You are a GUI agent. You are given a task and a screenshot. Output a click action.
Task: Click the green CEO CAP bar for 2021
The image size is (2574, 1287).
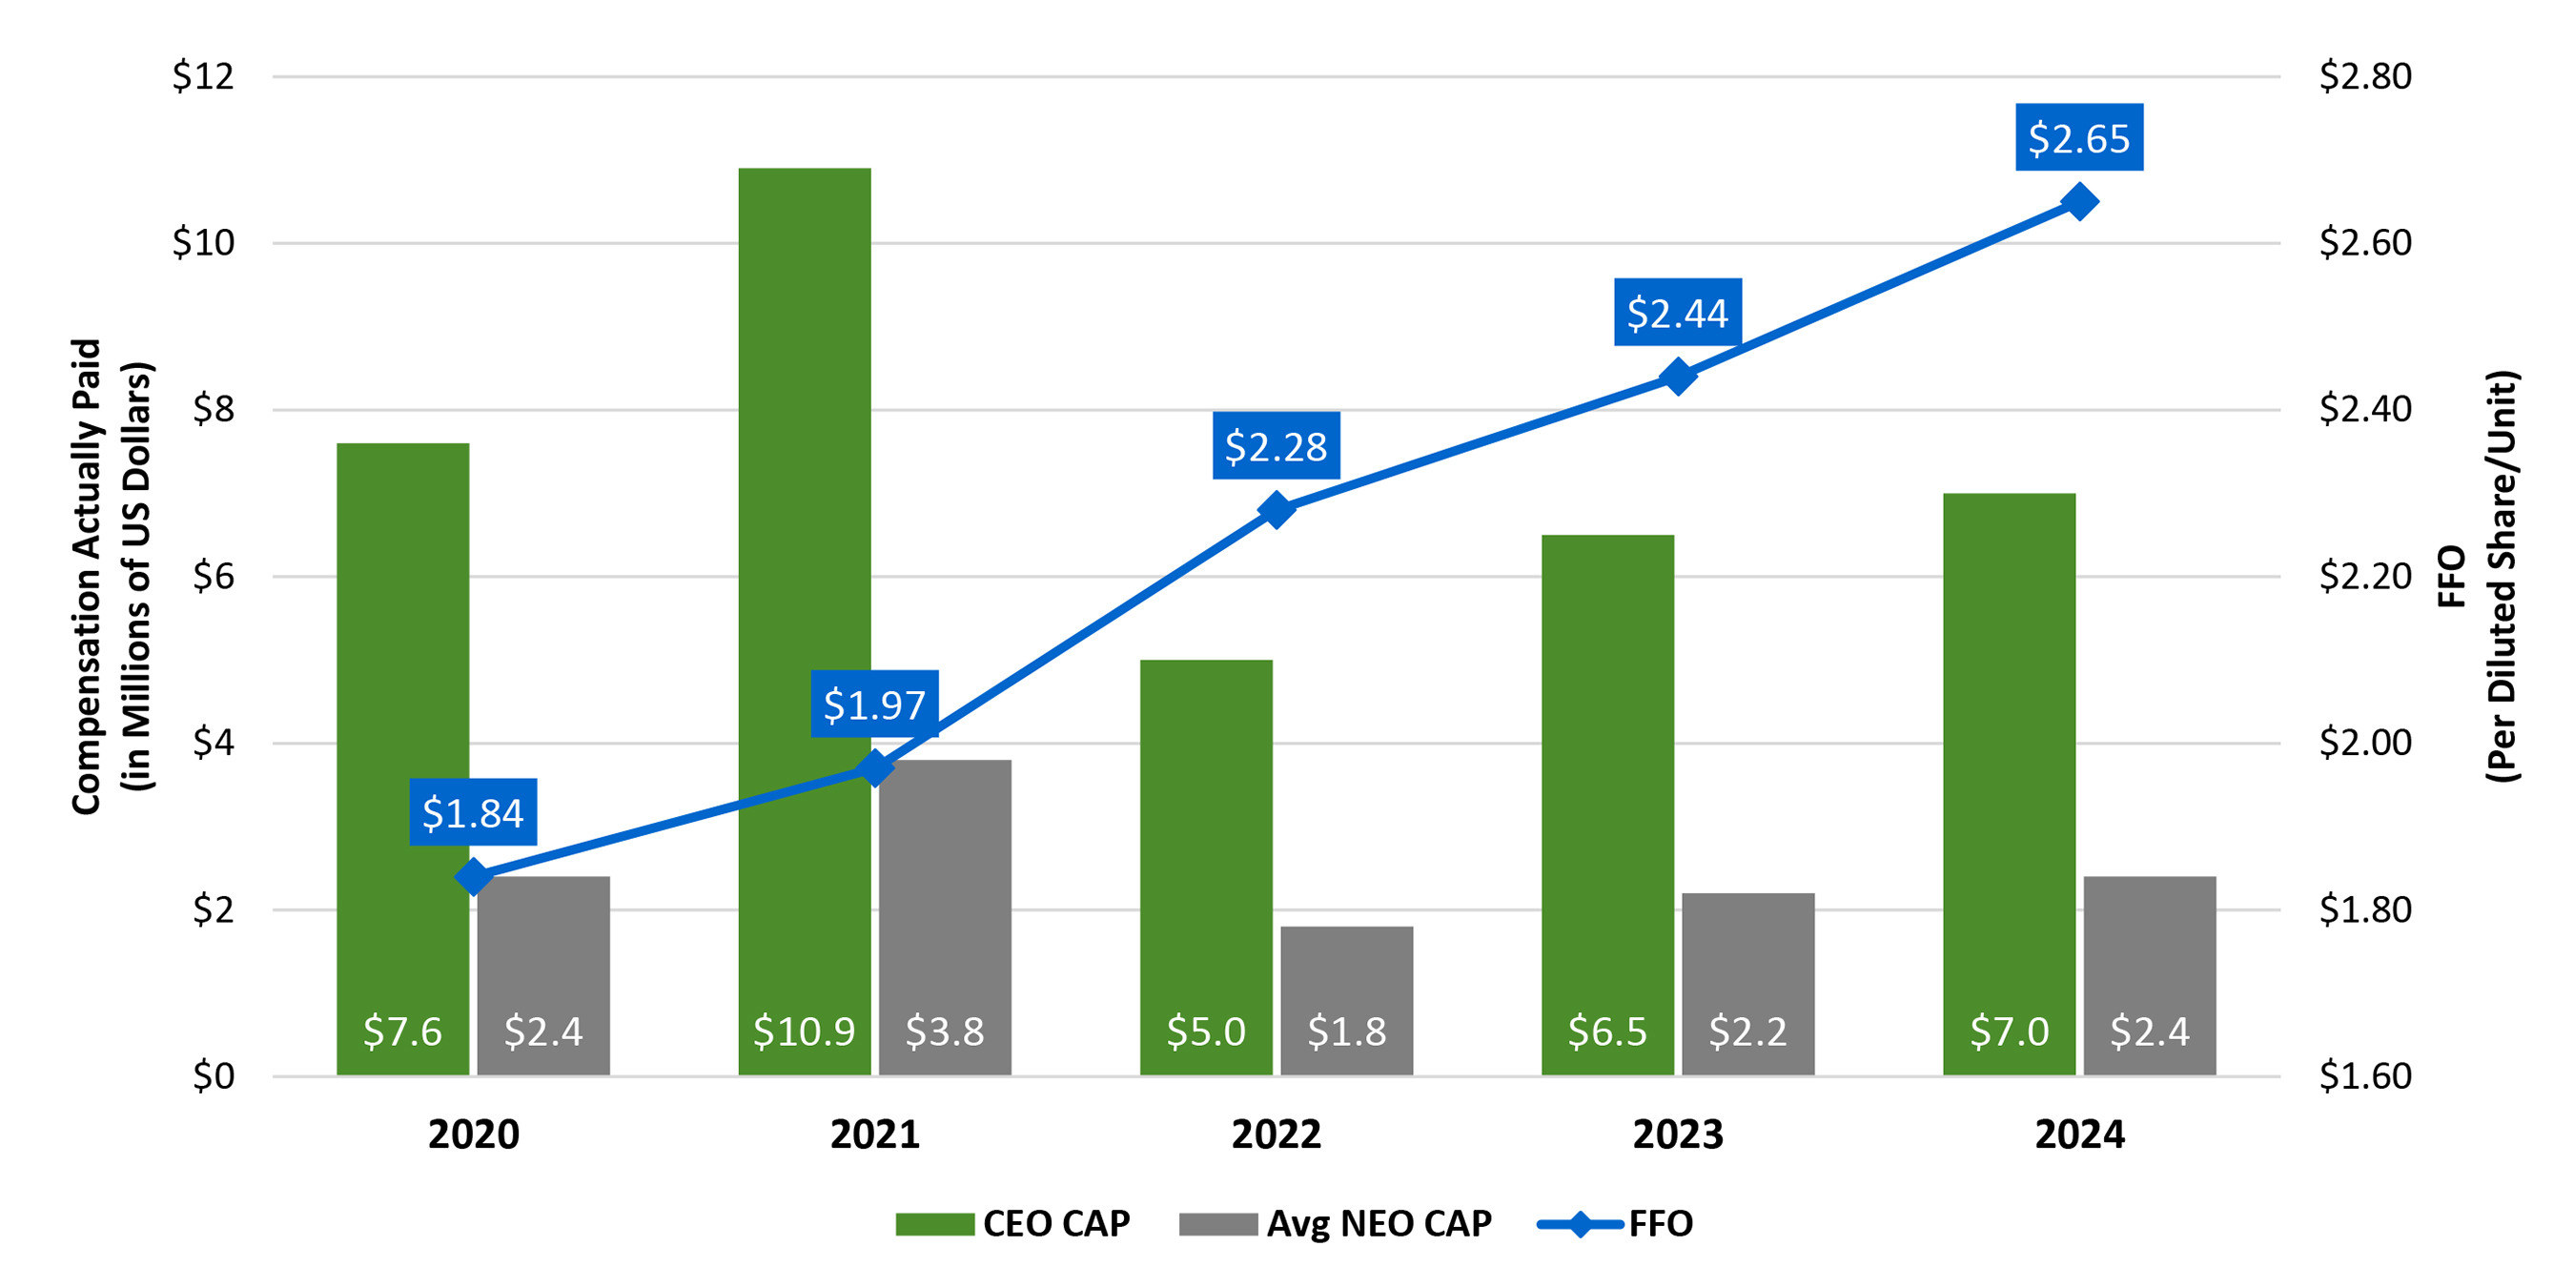pyautogui.click(x=805, y=500)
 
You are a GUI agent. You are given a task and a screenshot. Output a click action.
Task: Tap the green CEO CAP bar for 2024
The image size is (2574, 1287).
pyautogui.click(x=2009, y=749)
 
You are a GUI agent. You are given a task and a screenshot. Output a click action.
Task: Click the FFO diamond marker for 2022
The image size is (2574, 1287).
pyautogui.click(x=1276, y=511)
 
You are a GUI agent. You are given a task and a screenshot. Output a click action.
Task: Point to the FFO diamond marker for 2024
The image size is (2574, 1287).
pyautogui.click(x=2079, y=202)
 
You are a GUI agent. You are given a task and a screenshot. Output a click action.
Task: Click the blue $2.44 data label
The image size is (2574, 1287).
pyautogui.click(x=1677, y=313)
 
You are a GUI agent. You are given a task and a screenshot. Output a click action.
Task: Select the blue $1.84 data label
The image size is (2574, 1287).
pyautogui.click(x=473, y=812)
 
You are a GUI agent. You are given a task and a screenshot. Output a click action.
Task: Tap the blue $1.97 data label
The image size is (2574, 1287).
pyautogui.click(x=874, y=705)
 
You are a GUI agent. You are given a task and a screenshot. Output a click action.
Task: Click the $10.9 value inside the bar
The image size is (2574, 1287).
pyautogui.click(x=805, y=1032)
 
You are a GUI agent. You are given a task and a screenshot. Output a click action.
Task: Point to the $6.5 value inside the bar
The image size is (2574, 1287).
pyautogui.click(x=1606, y=1032)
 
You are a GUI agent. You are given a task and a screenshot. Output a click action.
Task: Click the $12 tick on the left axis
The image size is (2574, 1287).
pyautogui.click(x=203, y=76)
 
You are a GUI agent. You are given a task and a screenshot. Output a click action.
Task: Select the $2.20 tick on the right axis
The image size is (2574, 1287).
pyautogui.click(x=2364, y=577)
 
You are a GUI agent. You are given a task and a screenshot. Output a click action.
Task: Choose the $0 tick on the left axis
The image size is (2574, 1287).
pyautogui.click(x=213, y=1076)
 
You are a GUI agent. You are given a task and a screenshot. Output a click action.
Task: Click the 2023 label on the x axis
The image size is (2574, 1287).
pyautogui.click(x=1678, y=1135)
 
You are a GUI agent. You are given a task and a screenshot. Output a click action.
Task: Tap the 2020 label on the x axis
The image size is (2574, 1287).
pyautogui.click(x=474, y=1135)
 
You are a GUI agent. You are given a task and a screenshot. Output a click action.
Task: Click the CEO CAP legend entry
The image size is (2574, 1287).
pyautogui.click(x=1012, y=1224)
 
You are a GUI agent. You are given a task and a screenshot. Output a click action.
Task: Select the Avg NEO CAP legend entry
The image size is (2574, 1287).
pyautogui.click(x=1335, y=1224)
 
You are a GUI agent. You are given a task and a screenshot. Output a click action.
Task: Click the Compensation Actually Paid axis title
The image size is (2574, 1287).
pyautogui.click(x=111, y=577)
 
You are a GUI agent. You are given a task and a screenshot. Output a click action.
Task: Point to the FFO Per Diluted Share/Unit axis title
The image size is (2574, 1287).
pyautogui.click(x=2477, y=577)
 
